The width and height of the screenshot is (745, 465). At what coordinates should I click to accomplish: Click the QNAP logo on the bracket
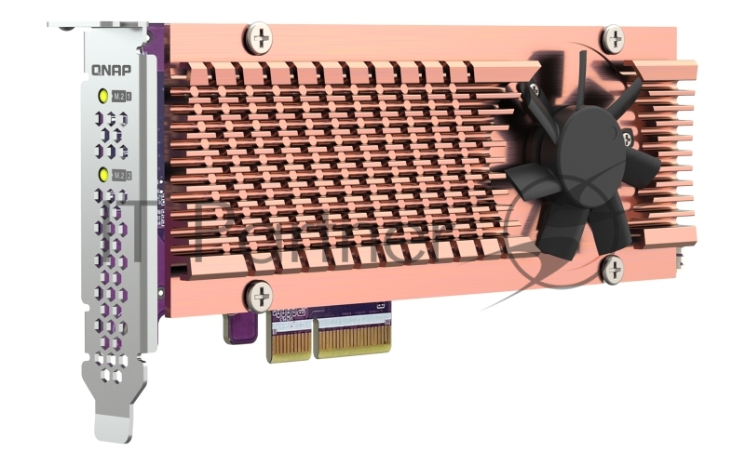(x=110, y=68)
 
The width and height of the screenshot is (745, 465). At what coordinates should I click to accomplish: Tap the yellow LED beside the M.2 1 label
(x=101, y=95)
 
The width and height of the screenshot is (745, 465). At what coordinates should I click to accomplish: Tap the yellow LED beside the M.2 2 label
(x=101, y=174)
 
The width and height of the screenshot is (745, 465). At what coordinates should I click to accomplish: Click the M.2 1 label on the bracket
(x=121, y=96)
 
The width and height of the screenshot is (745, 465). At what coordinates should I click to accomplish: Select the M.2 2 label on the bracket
(x=121, y=175)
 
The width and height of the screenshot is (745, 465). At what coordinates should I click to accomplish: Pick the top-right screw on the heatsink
(x=613, y=38)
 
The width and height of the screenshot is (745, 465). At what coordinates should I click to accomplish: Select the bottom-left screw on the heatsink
(x=258, y=297)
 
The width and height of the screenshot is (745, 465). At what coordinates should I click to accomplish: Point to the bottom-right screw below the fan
(x=612, y=271)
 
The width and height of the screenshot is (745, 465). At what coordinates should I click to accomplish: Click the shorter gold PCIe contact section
(x=290, y=340)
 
